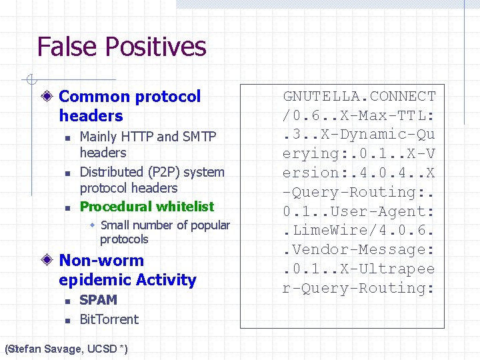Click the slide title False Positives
tap(121, 47)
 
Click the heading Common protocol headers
tap(129, 106)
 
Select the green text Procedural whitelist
tap(147, 207)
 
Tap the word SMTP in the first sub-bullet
tap(199, 137)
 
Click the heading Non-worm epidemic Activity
tap(127, 270)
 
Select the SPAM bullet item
tap(98, 300)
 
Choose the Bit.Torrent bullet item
tap(109, 319)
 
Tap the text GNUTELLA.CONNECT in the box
tap(359, 96)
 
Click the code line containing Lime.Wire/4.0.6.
tap(359, 231)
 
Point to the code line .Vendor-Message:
tap(359, 250)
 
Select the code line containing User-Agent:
tap(359, 211)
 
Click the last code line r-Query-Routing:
tap(359, 289)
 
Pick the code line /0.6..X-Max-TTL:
tap(359, 115)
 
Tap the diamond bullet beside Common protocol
tap(48, 97)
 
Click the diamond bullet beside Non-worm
tap(48, 261)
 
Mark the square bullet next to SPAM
tap(68, 301)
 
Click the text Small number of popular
tap(165, 225)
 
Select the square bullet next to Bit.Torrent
tap(68, 321)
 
